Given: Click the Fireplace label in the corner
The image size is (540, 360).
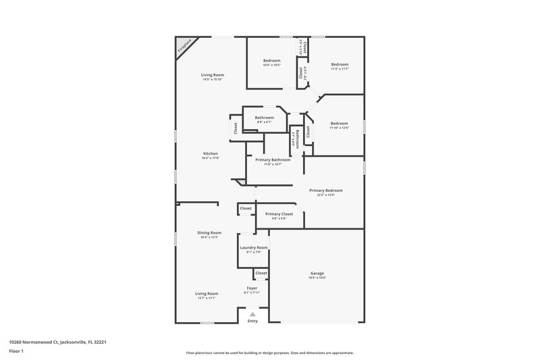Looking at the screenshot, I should click(183, 46).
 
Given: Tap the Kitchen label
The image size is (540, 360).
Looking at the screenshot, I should click(211, 154).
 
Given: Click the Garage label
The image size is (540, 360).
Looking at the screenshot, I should click(317, 273).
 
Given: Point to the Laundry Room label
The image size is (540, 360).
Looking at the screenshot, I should click(254, 248).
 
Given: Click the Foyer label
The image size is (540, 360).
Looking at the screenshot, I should click(252, 288).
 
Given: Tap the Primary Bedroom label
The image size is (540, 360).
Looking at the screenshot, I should click(322, 190).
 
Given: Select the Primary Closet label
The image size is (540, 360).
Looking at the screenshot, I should click(279, 214).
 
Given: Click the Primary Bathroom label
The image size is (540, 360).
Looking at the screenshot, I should click(273, 159).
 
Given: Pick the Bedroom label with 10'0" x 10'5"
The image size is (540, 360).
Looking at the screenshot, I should click(272, 61).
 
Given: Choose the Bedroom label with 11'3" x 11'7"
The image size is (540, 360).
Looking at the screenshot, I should click(340, 64).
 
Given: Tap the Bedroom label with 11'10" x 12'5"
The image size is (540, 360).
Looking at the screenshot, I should click(339, 124).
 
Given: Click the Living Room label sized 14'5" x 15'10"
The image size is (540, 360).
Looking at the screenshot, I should click(212, 75).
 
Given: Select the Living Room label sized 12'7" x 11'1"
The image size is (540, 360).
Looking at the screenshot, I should click(207, 294).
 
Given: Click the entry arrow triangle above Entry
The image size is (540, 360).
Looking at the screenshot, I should click(252, 314).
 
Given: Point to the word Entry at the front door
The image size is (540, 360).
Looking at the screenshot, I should click(252, 321).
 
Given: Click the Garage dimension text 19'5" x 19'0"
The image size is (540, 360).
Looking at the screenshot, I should click(317, 278).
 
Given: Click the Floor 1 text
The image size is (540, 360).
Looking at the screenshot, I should click(16, 352).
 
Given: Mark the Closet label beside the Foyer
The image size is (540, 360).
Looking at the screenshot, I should click(261, 273).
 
